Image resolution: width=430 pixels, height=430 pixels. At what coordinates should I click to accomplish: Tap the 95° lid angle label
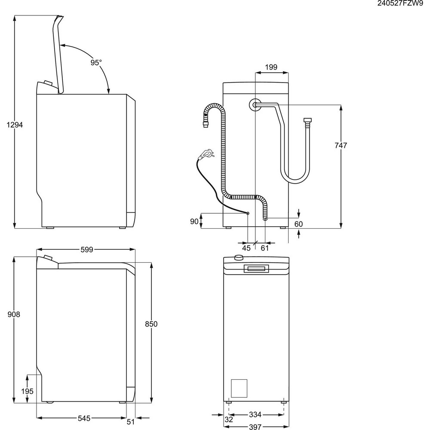(96, 63)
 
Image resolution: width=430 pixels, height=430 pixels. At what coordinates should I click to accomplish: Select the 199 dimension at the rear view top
(271, 67)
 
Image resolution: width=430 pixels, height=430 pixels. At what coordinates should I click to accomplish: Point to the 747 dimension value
(341, 145)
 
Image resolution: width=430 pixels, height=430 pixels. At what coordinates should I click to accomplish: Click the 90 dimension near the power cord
(194, 221)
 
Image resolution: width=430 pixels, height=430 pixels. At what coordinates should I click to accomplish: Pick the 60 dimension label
(298, 224)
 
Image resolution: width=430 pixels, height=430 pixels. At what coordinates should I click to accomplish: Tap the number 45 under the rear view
(246, 248)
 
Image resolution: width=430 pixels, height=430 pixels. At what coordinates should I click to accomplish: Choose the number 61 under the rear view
(265, 248)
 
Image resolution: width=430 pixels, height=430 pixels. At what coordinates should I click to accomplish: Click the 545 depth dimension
(82, 417)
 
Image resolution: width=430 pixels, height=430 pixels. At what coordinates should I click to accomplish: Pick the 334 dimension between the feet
(255, 415)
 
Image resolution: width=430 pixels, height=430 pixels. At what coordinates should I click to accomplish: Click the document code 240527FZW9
(400, 4)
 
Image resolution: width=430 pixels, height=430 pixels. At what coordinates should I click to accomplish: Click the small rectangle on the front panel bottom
(239, 388)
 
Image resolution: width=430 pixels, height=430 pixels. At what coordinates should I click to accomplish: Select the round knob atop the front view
(238, 258)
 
